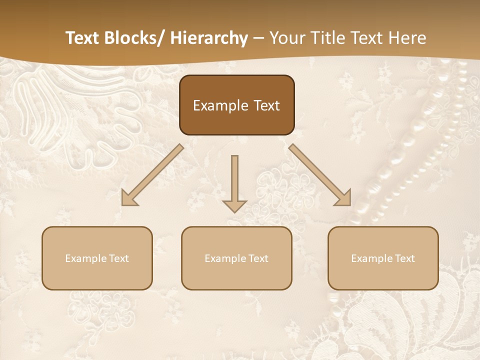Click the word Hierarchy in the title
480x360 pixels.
(x=208, y=38)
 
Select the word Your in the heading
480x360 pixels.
(x=286, y=38)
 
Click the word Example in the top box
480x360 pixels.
(x=220, y=105)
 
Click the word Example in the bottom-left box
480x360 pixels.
(x=85, y=258)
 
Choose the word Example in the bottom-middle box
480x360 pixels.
(x=225, y=258)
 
